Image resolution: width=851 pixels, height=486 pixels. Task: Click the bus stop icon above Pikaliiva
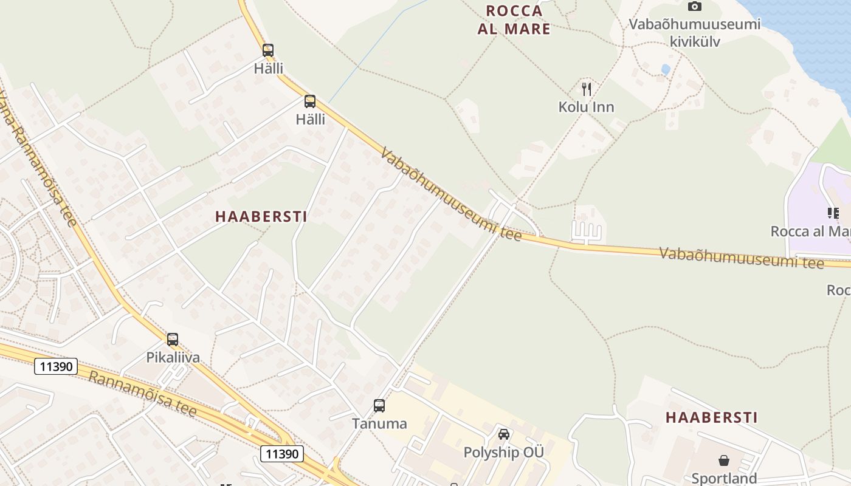pyautogui.click(x=173, y=339)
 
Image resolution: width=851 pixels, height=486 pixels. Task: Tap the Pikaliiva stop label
pyautogui.click(x=173, y=357)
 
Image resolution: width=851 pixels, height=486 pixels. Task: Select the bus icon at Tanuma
pyautogui.click(x=379, y=405)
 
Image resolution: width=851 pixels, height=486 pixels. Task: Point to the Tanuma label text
pyautogui.click(x=379, y=423)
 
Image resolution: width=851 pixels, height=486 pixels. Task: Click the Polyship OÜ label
pyautogui.click(x=503, y=453)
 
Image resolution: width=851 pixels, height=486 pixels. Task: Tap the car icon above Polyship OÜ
pyautogui.click(x=503, y=434)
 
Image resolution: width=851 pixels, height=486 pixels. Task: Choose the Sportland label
pyautogui.click(x=724, y=478)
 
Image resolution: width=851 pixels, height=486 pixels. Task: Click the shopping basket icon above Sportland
pyautogui.click(x=723, y=460)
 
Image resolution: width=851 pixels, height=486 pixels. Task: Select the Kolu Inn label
pyautogui.click(x=586, y=108)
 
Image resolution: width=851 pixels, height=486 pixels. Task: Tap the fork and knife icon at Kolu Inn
pyautogui.click(x=586, y=89)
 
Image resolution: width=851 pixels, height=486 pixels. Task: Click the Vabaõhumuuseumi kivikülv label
pyautogui.click(x=694, y=33)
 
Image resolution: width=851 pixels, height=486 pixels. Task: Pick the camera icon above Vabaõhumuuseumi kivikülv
pyautogui.click(x=694, y=7)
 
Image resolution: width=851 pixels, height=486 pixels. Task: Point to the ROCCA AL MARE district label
pyautogui.click(x=514, y=19)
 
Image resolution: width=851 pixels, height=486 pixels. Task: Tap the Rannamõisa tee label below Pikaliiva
pyautogui.click(x=142, y=394)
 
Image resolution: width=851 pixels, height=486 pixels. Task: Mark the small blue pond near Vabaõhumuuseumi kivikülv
pyautogui.click(x=666, y=69)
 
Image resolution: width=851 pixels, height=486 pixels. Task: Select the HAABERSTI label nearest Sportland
pyautogui.click(x=711, y=417)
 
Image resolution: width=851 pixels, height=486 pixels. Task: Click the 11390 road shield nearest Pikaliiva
pyautogui.click(x=55, y=366)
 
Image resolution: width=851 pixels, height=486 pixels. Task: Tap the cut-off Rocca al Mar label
pyautogui.click(x=811, y=231)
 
